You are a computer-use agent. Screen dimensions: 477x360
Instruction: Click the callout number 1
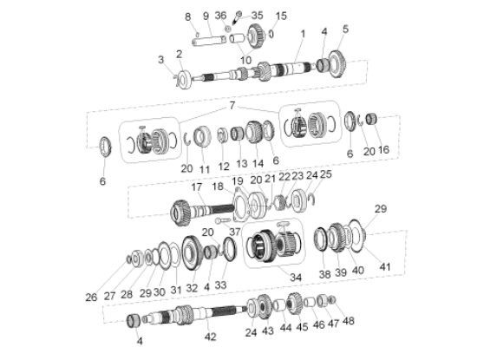tap(303, 34)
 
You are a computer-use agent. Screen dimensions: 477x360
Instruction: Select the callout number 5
tap(345, 29)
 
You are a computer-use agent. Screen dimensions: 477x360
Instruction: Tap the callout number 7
tap(232, 106)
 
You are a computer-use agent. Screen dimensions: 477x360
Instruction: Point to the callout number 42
tap(210, 337)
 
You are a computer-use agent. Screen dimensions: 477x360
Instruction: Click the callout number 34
tap(296, 278)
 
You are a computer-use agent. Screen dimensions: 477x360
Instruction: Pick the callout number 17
tap(197, 187)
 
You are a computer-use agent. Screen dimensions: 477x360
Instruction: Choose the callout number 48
tap(349, 321)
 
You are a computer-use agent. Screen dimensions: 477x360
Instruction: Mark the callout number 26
tap(91, 298)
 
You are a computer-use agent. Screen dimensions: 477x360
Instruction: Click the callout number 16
tap(383, 149)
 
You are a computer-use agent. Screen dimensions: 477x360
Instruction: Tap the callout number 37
tap(235, 232)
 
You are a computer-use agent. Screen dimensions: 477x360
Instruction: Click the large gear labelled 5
tap(337, 64)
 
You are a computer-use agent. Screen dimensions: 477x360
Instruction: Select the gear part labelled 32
tap(193, 253)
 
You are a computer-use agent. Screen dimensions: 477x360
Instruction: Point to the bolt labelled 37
tap(223, 220)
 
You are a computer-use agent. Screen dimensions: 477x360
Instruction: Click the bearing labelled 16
tap(371, 119)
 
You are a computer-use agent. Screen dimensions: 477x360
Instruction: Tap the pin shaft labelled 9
tap(209, 41)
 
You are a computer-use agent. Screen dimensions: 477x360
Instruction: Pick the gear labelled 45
tap(294, 302)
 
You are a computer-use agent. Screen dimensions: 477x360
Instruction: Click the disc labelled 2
tap(184, 80)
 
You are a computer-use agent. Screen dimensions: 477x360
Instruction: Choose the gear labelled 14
tap(254, 132)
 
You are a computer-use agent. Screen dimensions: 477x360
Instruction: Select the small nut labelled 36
tap(227, 29)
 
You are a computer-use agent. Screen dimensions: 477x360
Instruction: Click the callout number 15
tap(281, 16)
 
